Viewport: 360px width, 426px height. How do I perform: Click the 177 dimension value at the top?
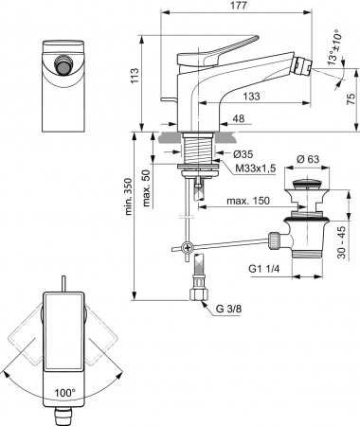point(239,6)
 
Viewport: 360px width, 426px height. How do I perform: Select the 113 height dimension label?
point(135,76)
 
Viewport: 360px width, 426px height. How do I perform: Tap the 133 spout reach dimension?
point(251,96)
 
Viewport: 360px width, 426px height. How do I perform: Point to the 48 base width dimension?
point(239,118)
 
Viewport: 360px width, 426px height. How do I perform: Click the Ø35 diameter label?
point(243,154)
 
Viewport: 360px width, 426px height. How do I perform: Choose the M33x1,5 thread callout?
point(256,169)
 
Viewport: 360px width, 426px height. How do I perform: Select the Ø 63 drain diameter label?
point(308,159)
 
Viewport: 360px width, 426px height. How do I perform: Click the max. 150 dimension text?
point(248,201)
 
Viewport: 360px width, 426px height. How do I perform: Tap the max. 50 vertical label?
point(146,188)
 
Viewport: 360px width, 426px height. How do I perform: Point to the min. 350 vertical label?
point(129,197)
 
